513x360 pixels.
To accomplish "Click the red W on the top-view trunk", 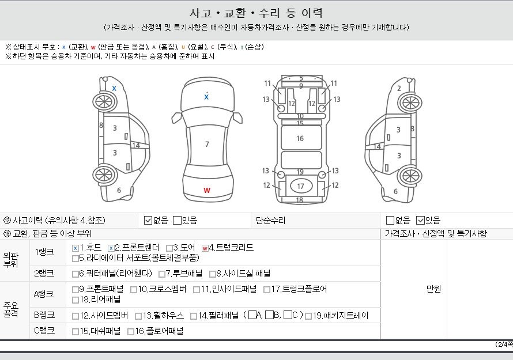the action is coord(207,190).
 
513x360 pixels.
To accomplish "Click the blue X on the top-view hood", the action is coord(206,97).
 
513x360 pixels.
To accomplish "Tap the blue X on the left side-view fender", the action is coord(114,88).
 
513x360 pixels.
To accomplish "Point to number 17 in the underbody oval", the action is coord(300,187).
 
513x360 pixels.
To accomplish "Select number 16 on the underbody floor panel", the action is coord(300,139).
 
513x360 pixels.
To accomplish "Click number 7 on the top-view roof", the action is coord(207,144).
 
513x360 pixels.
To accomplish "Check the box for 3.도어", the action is coord(169,248).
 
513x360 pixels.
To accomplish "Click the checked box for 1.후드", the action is coord(76,248).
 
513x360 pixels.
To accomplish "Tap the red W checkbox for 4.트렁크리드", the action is coord(205,248).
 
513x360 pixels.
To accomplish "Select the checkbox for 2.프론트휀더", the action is coord(111,248).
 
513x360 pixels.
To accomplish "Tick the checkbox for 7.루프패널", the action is coord(162,274).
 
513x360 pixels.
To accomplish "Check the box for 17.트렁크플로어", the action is coord(267,290).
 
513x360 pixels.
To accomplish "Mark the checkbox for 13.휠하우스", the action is coord(138,316).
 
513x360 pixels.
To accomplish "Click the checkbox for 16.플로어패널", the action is coord(130,332).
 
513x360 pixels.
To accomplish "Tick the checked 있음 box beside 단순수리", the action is coord(420,221).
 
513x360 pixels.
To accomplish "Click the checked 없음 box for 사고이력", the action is coord(148,221).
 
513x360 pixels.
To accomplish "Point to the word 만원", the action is coord(434,289).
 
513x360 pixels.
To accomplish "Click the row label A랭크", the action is coord(44,294).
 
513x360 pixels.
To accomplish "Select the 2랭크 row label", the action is coord(44,274).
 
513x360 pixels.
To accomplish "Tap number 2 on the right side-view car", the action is coord(399,88).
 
